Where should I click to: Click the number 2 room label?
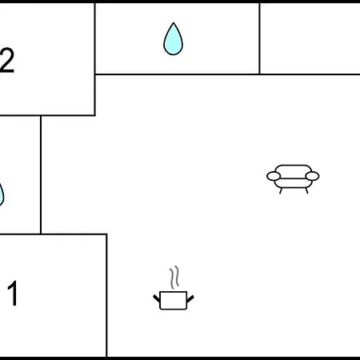point(7,60)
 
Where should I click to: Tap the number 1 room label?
point(13,293)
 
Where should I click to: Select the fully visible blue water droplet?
point(173,39)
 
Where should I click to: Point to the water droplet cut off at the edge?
point(2,194)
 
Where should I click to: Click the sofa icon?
point(293,179)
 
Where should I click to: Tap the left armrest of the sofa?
point(274,176)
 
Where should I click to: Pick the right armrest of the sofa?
point(312,176)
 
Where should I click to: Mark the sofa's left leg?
point(281,190)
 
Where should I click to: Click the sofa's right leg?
point(306,190)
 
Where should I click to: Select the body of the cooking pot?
point(173,301)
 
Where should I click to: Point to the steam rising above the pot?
point(174,278)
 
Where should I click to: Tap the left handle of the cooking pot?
point(157,298)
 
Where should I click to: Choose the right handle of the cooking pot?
point(190,298)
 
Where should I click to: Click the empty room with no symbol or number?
point(310,38)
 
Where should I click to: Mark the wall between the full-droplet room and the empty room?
point(259,38)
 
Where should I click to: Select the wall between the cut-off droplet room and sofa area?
point(41,174)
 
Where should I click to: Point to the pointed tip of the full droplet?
point(174,22)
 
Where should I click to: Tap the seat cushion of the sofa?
point(293,183)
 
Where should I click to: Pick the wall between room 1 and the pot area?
point(106,295)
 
